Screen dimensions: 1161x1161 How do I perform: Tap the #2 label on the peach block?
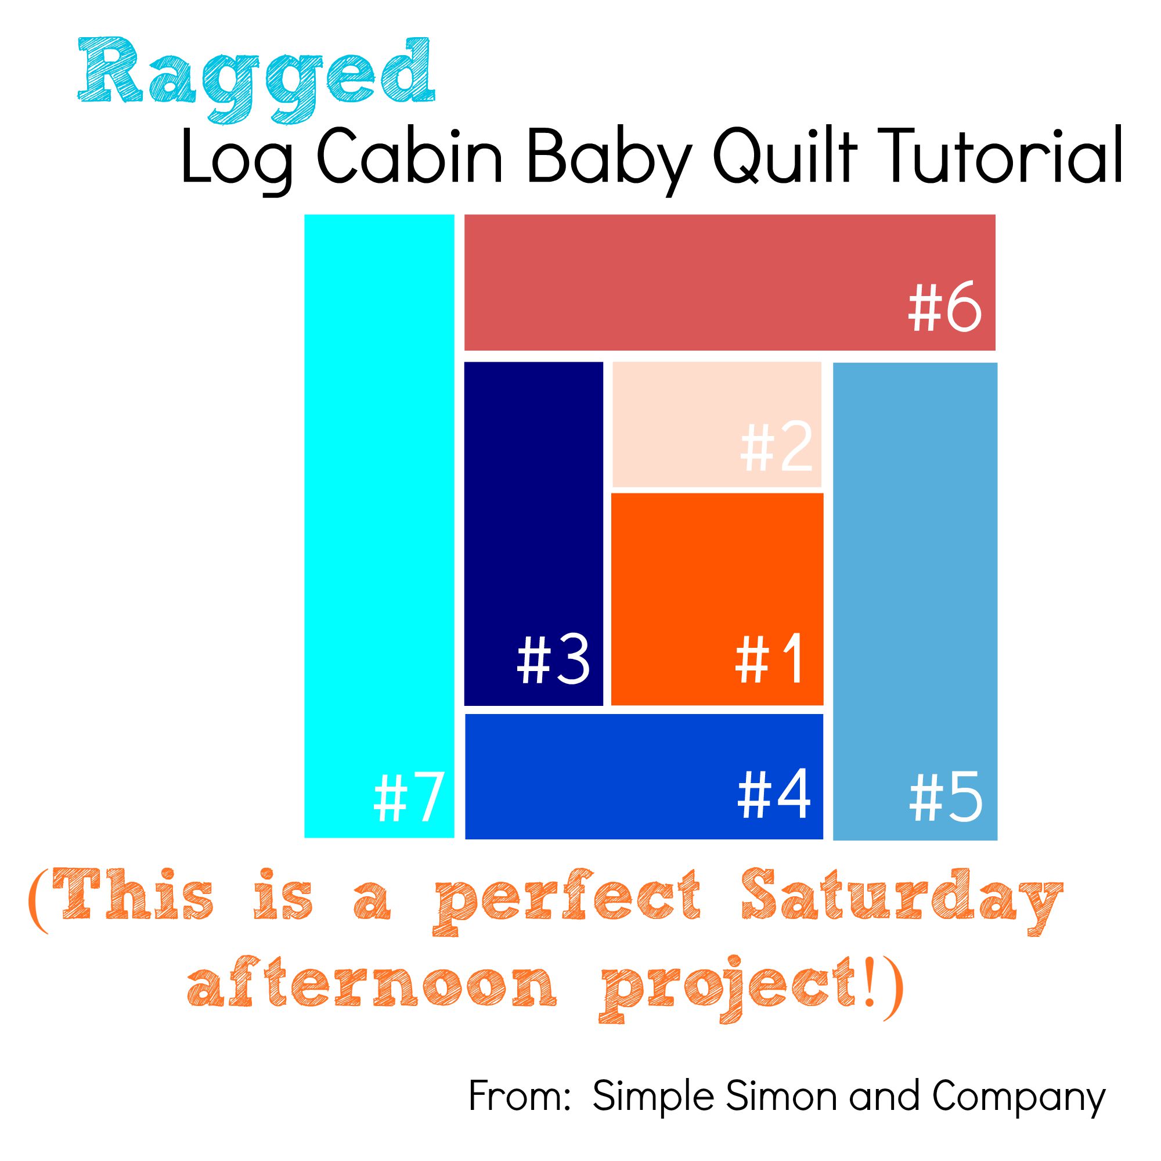click(776, 447)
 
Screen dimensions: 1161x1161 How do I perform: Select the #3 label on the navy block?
click(553, 660)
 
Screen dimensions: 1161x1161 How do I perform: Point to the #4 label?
click(773, 795)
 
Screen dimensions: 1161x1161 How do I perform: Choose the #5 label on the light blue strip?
click(945, 799)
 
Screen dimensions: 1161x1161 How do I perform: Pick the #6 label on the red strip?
click(944, 309)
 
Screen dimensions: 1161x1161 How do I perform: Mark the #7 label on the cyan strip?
click(409, 799)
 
